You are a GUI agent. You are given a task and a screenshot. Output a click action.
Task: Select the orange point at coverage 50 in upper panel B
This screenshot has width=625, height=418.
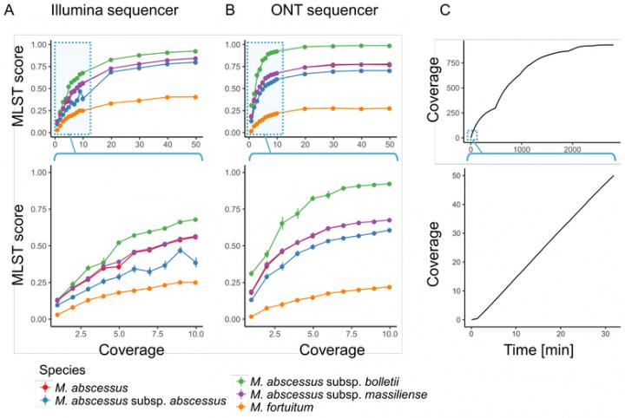[390, 108]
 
